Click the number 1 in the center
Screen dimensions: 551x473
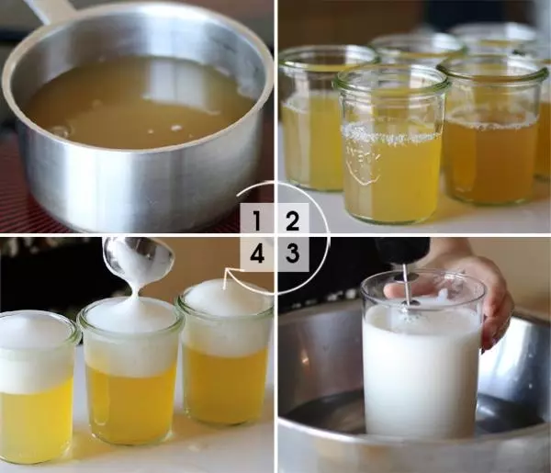[x=257, y=220]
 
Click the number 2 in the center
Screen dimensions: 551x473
[x=292, y=220]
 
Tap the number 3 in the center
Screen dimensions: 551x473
[x=292, y=253]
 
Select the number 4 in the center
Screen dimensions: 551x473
[x=257, y=253]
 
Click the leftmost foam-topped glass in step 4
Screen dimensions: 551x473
[x=35, y=387]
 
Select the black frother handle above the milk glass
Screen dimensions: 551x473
[x=403, y=250]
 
